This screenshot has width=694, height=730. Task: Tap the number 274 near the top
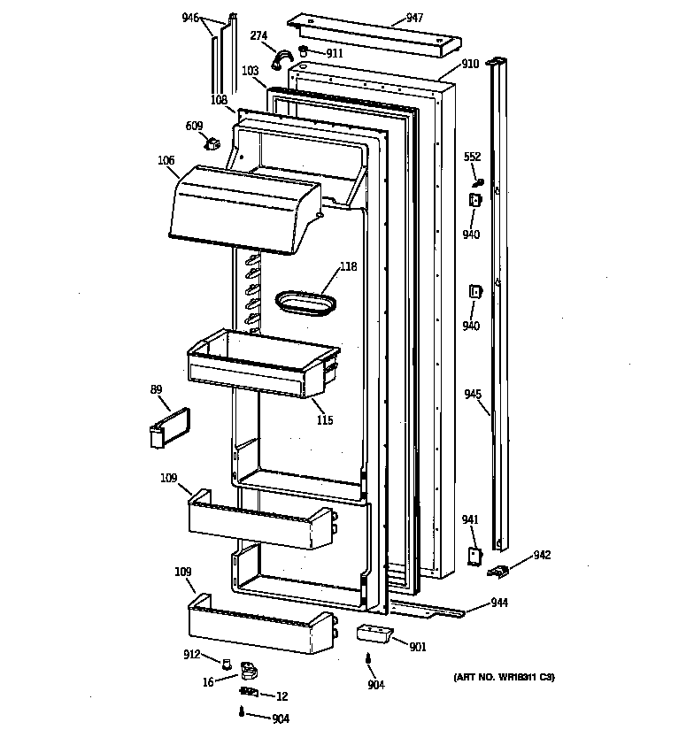[258, 36]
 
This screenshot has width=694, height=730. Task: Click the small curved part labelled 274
[281, 59]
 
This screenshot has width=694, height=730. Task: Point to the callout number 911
[334, 53]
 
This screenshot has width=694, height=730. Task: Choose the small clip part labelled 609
[212, 142]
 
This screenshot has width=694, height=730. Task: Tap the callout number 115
[325, 420]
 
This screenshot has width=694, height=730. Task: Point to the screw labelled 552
[476, 182]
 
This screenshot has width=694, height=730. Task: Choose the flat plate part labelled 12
[250, 693]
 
